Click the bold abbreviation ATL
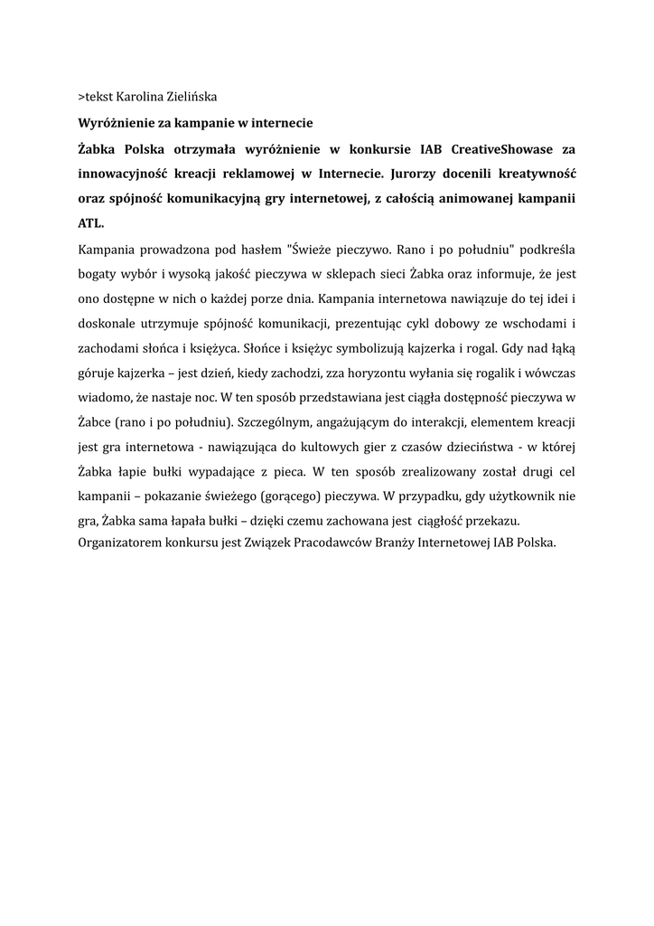[91, 222]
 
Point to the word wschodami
[531, 323]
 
